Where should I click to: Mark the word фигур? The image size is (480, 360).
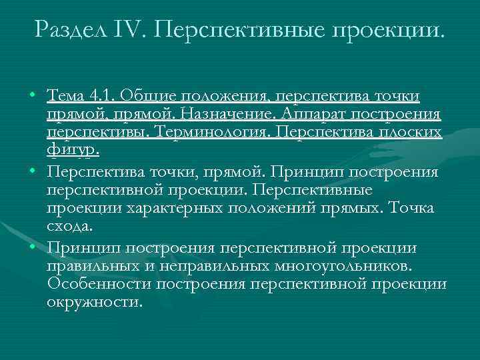73,150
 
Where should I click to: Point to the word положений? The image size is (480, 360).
259,208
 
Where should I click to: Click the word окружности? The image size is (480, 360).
94,301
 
